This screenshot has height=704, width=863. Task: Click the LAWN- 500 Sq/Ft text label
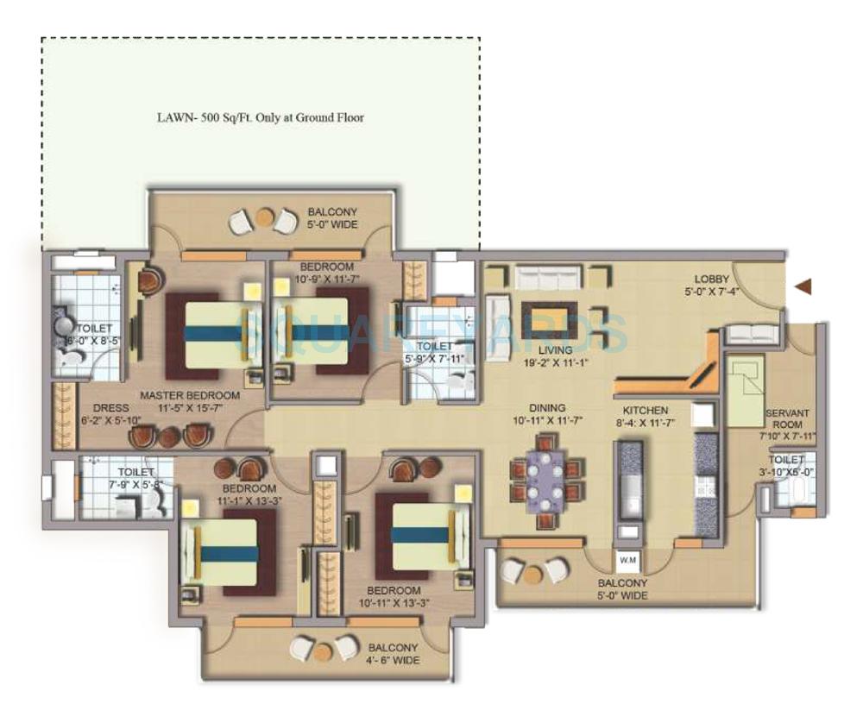260,117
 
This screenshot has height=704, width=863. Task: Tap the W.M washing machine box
627,559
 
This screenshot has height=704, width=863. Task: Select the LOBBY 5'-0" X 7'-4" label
713,286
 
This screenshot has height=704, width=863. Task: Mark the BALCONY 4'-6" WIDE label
393,654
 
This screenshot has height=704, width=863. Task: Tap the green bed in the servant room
743,393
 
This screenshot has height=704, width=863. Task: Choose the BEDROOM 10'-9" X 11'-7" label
326,272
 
